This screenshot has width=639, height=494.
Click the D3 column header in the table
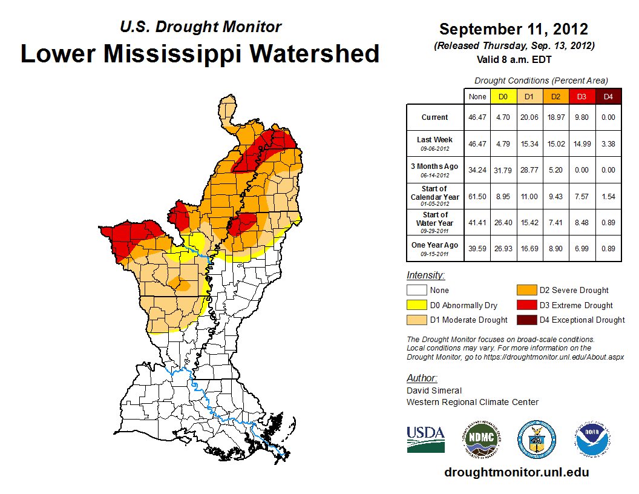pyautogui.click(x=581, y=96)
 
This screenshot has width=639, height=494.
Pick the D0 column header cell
pyautogui.click(x=502, y=96)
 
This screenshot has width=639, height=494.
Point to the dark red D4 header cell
pyautogui.click(x=608, y=96)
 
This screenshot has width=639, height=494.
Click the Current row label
pyautogui.click(x=435, y=117)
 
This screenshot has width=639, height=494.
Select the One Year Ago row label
pyautogui.click(x=435, y=248)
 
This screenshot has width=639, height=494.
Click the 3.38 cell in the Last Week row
pyautogui.click(x=608, y=143)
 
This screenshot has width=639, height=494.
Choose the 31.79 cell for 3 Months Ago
pyautogui.click(x=502, y=170)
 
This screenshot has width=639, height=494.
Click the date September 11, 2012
pyautogui.click(x=514, y=29)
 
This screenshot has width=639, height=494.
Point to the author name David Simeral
pyautogui.click(x=434, y=390)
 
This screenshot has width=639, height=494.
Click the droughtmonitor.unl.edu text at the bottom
pyautogui.click(x=516, y=472)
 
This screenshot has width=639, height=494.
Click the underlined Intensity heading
pyautogui.click(x=425, y=275)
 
